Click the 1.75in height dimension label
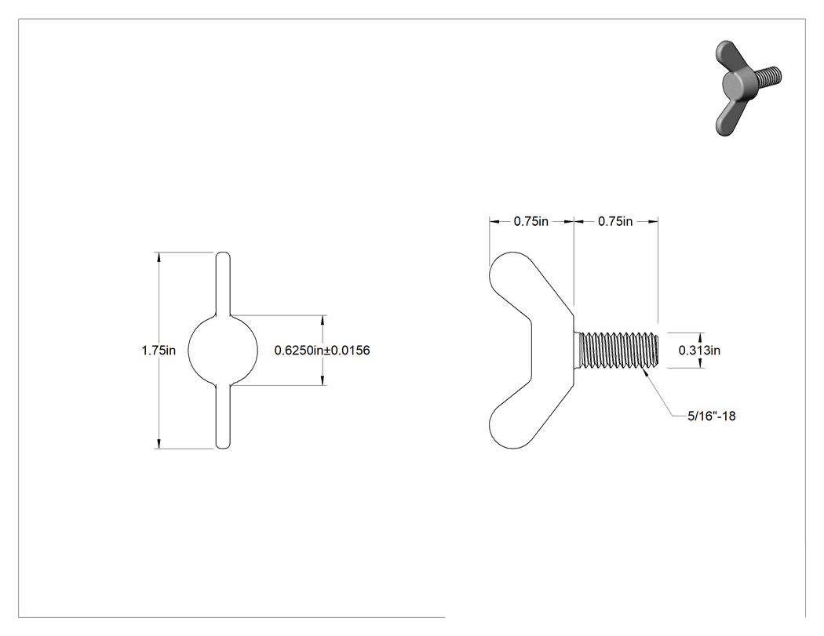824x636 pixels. pos(159,351)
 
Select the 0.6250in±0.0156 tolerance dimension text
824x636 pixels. pos(322,351)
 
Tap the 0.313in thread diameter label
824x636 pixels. pos(699,351)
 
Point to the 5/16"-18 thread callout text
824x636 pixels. pos(712,416)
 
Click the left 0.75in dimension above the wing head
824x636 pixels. pos(530,222)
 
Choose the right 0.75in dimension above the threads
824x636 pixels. pos(615,222)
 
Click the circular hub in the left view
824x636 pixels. pos(223,351)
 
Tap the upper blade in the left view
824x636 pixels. pos(223,284)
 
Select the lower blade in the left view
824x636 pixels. pos(223,417)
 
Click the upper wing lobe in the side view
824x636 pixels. pos(526,286)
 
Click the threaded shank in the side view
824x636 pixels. pos(617,351)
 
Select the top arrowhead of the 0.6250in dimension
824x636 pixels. pos(322,320)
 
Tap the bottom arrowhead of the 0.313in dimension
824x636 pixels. pos(701,363)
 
